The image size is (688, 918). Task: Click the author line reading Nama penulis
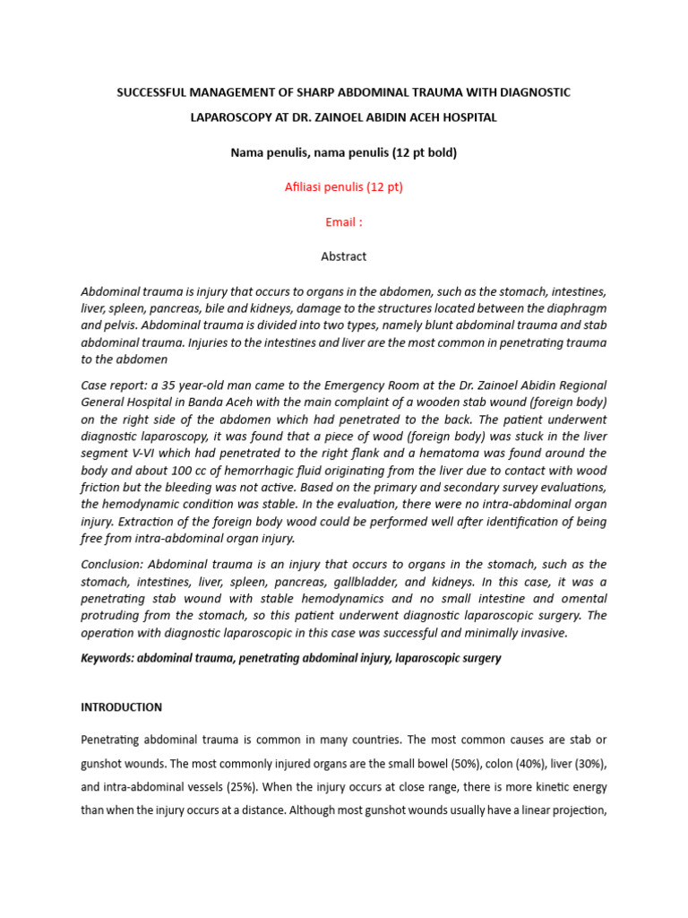269,152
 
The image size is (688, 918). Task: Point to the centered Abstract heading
343,256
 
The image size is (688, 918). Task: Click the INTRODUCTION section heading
122,707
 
